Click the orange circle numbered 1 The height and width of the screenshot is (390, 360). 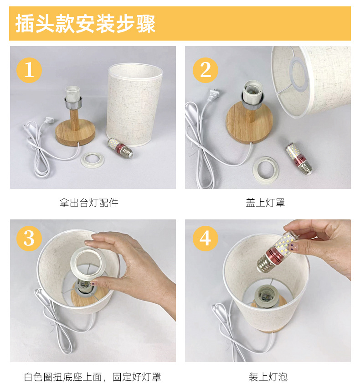(x=29, y=70)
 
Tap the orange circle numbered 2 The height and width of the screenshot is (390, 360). (x=206, y=70)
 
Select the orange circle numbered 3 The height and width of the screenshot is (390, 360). (x=29, y=238)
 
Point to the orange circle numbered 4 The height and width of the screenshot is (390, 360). (x=206, y=238)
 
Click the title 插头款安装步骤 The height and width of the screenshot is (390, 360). (x=85, y=24)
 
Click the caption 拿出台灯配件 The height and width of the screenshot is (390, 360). (x=89, y=203)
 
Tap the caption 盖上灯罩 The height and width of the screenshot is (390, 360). (x=265, y=203)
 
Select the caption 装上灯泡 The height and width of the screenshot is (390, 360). (x=268, y=377)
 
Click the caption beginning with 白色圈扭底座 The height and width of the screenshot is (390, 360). (x=93, y=377)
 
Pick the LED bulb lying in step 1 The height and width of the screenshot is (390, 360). (x=120, y=148)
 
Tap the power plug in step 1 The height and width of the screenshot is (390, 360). (x=49, y=120)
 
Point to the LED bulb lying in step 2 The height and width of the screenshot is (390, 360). (x=298, y=158)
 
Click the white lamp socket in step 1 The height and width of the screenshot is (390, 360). (x=72, y=94)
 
